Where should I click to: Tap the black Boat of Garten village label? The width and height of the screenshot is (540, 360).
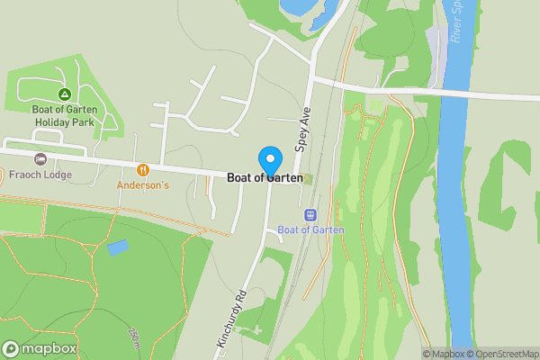[265, 178]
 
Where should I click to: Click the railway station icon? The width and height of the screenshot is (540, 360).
[311, 214]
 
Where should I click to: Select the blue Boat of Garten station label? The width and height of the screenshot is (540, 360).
[311, 229]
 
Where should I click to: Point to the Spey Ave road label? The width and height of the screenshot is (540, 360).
[302, 134]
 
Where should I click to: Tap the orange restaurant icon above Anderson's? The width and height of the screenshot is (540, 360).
[142, 169]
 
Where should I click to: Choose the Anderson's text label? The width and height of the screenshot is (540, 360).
[142, 184]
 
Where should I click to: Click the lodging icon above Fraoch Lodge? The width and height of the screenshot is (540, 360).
[40, 159]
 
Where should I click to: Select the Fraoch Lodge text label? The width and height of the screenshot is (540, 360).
[40, 175]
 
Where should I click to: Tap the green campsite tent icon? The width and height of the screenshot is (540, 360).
[64, 94]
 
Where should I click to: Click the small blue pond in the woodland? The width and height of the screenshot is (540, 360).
[117, 247]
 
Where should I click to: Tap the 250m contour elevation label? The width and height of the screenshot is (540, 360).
[134, 340]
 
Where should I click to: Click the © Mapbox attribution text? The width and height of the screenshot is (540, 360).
[443, 354]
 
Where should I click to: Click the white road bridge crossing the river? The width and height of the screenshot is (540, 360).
[454, 93]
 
